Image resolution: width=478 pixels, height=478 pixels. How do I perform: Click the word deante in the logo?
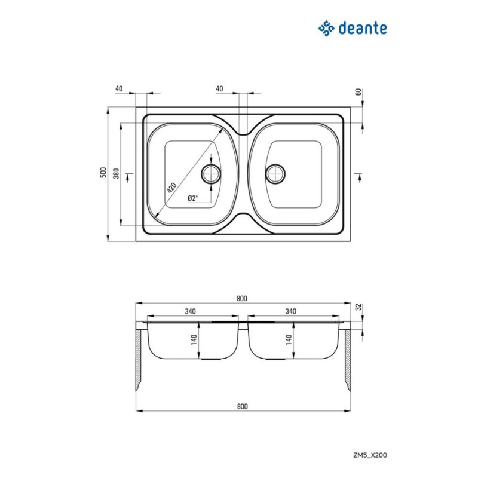coord(363,28)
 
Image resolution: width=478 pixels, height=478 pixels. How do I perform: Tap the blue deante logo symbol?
coord(326,28)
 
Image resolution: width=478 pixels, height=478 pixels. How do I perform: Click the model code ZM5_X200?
coord(370,455)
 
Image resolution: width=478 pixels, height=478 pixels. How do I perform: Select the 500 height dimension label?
coord(103,173)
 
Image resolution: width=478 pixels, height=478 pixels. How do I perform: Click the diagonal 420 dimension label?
coord(172,188)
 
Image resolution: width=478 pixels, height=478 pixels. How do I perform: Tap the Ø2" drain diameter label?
coord(192,198)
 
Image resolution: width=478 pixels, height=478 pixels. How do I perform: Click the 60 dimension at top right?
coord(358,91)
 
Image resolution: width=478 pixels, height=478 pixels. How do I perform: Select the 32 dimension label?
coord(359,307)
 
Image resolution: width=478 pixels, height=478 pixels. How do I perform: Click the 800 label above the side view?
coord(242,298)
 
